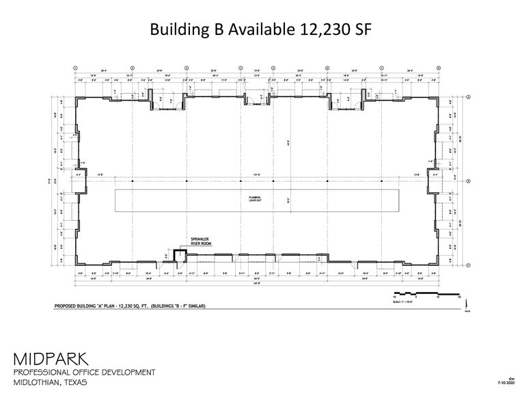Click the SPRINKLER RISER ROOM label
[x=189, y=243]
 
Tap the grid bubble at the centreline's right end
[x=469, y=181]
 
